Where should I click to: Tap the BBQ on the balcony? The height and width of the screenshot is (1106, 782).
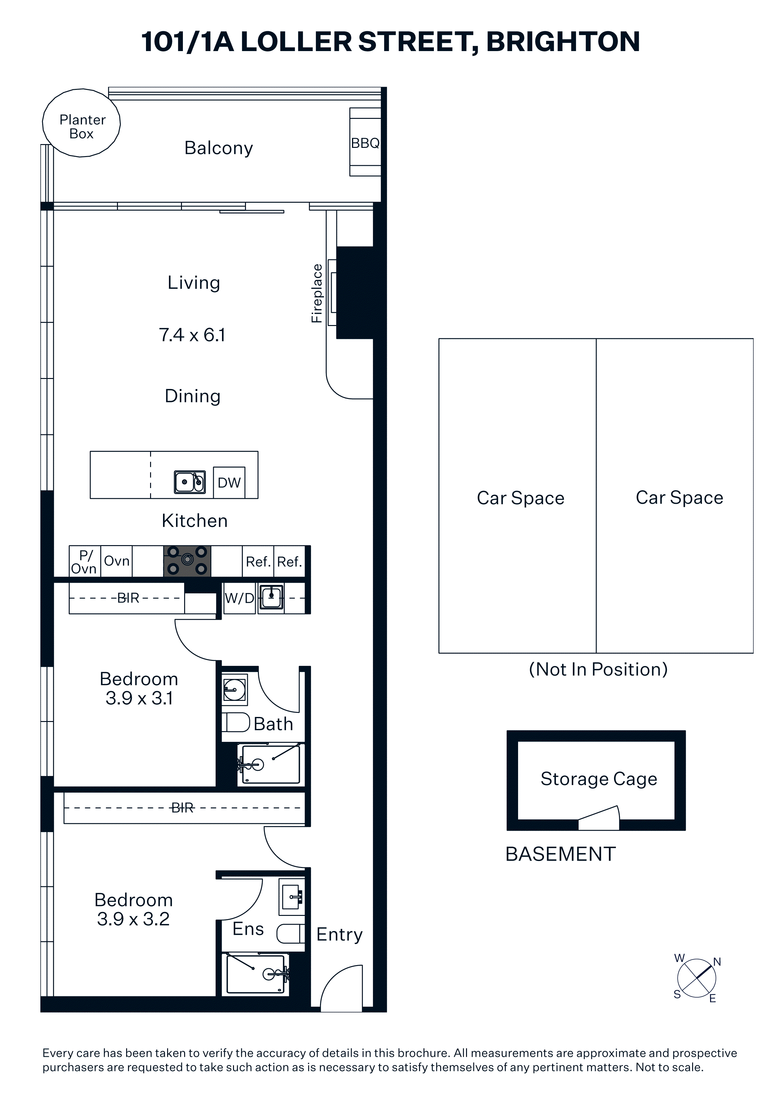[365, 142]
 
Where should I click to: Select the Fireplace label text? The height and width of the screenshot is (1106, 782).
[317, 293]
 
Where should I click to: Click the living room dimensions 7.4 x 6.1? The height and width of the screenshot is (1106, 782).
[192, 335]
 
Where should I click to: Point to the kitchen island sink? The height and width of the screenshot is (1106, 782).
[190, 482]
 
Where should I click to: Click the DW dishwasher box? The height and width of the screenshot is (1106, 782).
[229, 482]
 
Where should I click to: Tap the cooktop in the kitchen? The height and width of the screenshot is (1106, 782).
[187, 561]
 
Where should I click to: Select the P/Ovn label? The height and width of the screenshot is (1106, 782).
[84, 562]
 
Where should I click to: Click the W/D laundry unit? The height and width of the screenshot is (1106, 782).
[239, 598]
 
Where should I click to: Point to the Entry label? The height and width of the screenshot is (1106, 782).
[339, 934]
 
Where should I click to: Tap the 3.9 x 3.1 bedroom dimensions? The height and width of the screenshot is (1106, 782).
[139, 698]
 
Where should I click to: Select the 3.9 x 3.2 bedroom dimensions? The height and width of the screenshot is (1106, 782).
[133, 919]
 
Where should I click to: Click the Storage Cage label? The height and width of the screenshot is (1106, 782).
[599, 779]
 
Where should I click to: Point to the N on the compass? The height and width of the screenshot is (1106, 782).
[717, 962]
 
